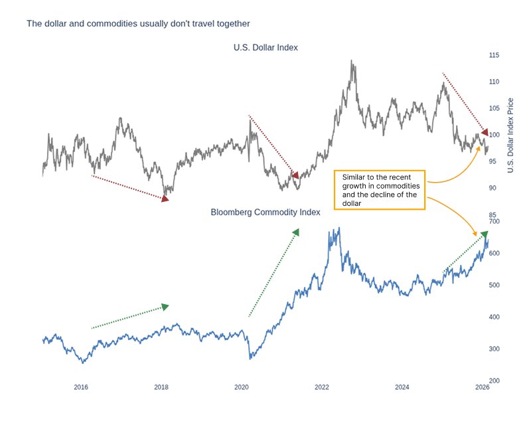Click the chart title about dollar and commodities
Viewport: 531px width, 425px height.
pos(138,24)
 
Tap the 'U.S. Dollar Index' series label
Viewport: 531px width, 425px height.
pos(265,48)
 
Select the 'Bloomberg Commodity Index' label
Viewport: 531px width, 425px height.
pos(265,213)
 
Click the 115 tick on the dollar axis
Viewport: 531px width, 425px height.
pos(493,55)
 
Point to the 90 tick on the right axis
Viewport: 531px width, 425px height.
pos(492,188)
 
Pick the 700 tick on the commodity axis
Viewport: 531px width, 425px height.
pos(493,222)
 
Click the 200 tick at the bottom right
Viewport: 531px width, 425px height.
pos(493,381)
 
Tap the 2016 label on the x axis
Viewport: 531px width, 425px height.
pos(81,387)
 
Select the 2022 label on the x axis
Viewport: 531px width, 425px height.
pos(322,387)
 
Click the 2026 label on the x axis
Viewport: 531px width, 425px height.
pos(482,387)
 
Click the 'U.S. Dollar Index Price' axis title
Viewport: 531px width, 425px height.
pos(510,135)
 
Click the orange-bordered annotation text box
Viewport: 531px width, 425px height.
pos(383,189)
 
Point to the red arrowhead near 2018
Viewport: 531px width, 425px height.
pos(165,198)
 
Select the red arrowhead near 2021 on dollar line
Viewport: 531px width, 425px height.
pos(295,175)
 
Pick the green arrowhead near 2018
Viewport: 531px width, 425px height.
pos(165,306)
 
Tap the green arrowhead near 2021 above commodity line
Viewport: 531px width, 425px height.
pos(296,232)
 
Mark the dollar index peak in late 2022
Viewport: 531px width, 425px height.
pos(351,61)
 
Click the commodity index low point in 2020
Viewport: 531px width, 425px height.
pos(251,358)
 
